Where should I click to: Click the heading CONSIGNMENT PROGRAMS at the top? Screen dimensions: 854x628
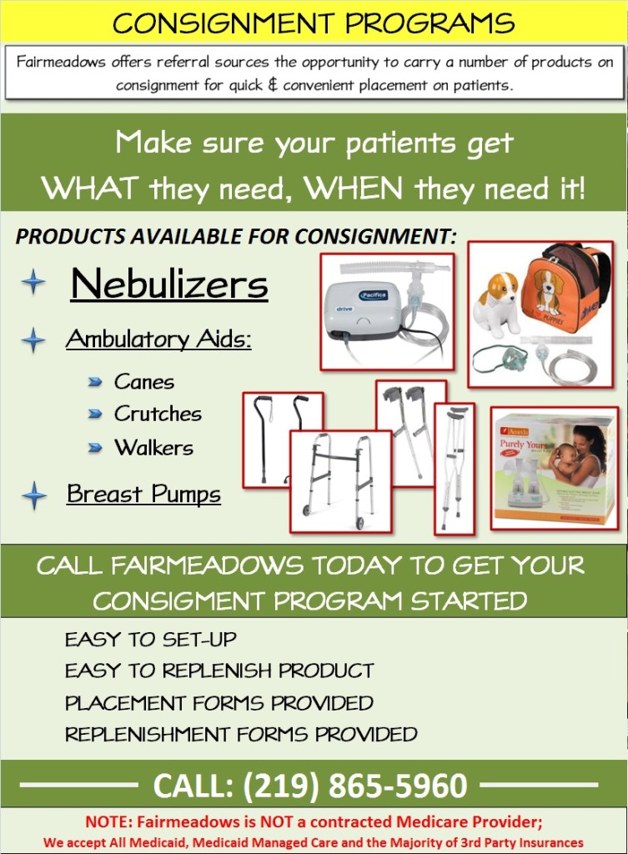click(314, 23)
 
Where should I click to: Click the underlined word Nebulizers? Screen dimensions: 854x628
click(169, 284)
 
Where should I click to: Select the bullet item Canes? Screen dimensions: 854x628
click(144, 382)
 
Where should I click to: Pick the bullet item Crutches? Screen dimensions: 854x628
click(158, 414)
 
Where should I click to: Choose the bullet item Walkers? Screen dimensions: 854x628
click(153, 447)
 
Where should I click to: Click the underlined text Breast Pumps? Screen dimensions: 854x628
click(143, 494)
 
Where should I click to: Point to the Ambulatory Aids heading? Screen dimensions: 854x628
click(158, 339)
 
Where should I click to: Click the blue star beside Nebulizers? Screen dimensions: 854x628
click(33, 281)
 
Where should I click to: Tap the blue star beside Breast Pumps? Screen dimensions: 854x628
click(34, 495)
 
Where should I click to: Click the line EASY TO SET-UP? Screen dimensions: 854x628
click(151, 640)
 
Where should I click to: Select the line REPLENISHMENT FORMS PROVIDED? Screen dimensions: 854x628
click(241, 735)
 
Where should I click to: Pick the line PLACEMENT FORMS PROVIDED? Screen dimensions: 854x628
click(219, 703)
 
